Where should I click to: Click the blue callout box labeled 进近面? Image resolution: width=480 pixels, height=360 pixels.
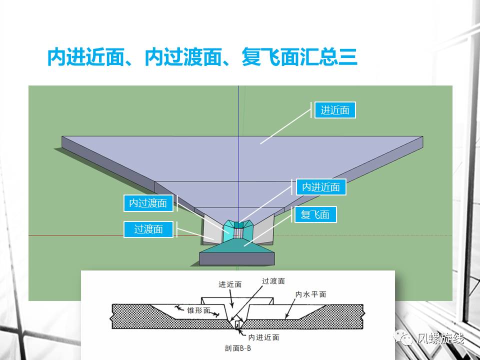point(335,110)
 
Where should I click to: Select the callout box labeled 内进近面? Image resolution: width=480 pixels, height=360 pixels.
point(321,187)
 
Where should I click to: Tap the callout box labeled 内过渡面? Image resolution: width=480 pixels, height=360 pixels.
point(148,203)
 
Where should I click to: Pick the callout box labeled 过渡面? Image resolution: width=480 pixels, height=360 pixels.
point(148,229)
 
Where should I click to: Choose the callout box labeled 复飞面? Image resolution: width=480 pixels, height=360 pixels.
point(315,215)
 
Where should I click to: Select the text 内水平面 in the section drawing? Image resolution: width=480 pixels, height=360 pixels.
point(310,294)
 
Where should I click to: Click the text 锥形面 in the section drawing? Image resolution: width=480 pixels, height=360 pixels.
point(198,310)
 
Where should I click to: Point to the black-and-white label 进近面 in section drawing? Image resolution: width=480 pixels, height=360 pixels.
point(230,284)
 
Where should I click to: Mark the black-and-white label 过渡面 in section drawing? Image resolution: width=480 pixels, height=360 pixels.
point(273,281)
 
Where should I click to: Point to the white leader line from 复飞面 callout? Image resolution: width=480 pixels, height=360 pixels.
point(267,230)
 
